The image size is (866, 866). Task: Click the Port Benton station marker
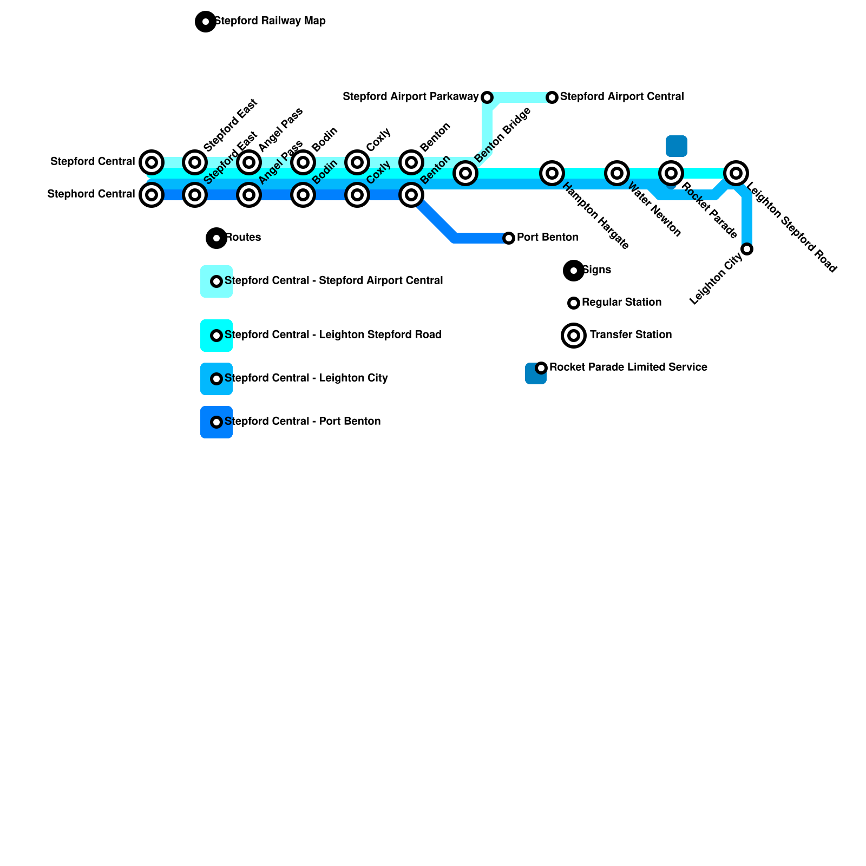click(x=509, y=238)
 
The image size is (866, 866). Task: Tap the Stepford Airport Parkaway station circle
click(x=487, y=97)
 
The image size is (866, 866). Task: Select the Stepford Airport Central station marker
click(x=552, y=97)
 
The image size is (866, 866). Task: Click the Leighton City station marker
click(x=747, y=249)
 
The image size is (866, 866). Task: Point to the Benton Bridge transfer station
click(x=465, y=173)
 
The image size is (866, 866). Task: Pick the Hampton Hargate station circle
click(x=552, y=173)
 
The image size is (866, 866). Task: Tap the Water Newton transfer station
click(x=617, y=173)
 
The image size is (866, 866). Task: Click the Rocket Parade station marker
click(x=671, y=173)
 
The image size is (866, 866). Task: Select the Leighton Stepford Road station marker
click(x=736, y=173)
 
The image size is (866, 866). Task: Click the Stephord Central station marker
click(x=152, y=195)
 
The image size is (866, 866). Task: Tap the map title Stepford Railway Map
click(x=270, y=21)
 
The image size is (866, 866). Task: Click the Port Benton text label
click(x=547, y=238)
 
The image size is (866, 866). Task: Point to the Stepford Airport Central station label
click(x=621, y=97)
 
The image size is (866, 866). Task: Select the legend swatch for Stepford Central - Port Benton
click(x=216, y=422)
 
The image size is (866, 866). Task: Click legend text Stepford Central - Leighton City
click(x=306, y=378)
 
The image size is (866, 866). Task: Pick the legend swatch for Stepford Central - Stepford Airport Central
click(x=216, y=281)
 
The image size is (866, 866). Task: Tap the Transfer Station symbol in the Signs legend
click(x=574, y=336)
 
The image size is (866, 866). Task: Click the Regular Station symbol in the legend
click(x=574, y=303)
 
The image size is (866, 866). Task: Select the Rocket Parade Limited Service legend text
click(x=628, y=368)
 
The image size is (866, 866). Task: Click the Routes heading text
click(x=242, y=238)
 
